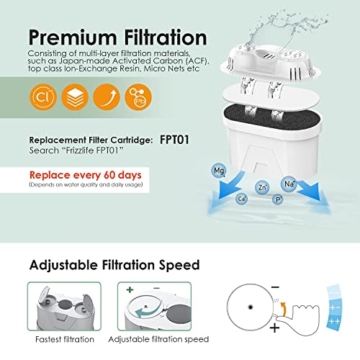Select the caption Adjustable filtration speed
[158, 338]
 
